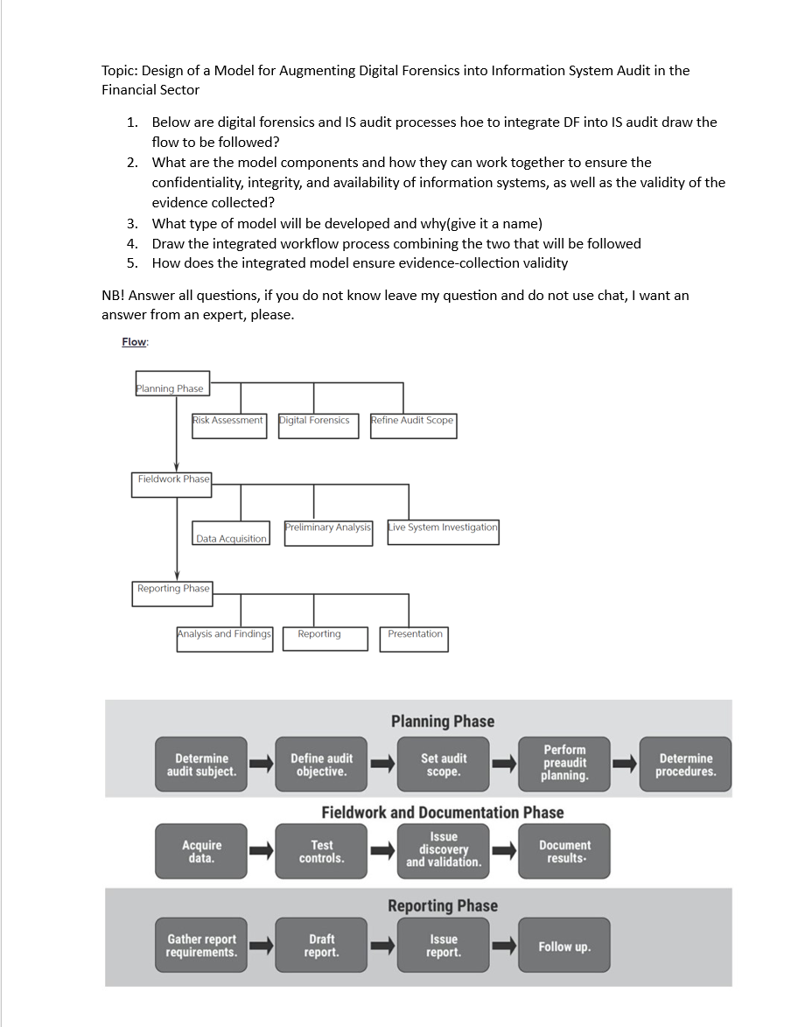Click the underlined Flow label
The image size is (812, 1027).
[135, 342]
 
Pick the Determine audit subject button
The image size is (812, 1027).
[201, 765]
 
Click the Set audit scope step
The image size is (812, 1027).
[444, 765]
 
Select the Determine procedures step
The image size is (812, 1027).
[685, 765]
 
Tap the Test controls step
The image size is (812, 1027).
[322, 851]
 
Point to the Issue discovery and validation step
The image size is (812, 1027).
[444, 850]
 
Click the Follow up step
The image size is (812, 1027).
[564, 947]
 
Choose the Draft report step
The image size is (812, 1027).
[322, 946]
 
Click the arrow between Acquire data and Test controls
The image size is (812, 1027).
[262, 851]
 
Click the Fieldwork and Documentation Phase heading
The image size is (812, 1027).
[442, 813]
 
